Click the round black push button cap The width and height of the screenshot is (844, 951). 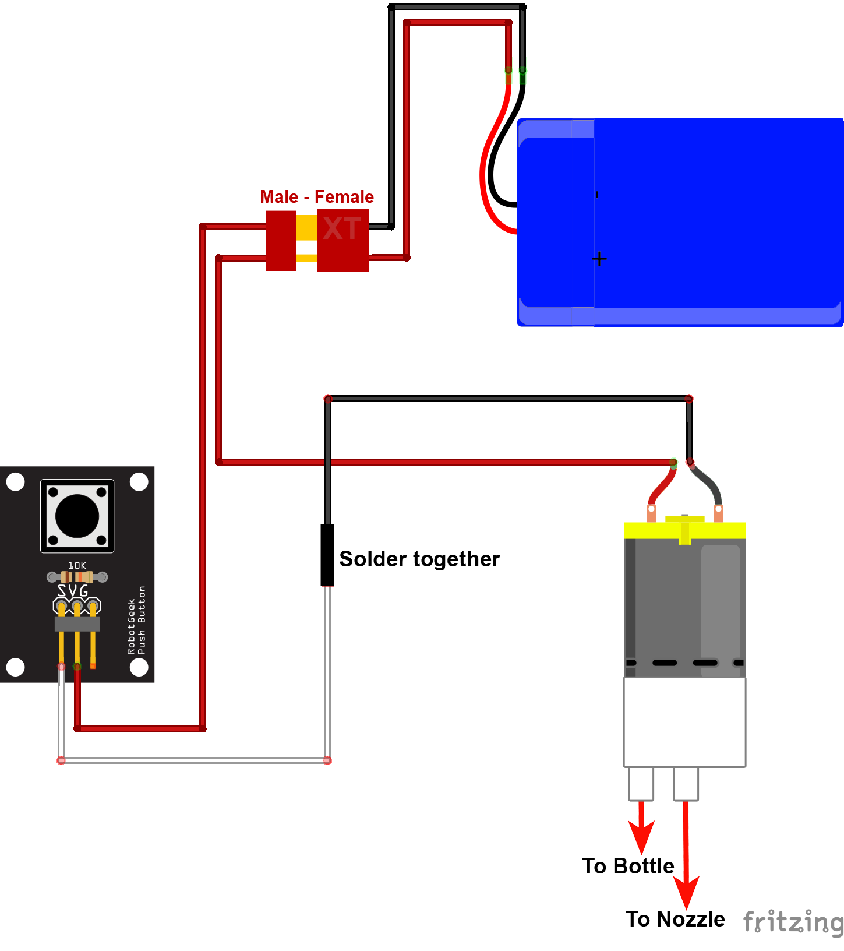[77, 515]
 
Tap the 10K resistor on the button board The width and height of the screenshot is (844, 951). [77, 577]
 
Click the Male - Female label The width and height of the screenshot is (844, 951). [316, 197]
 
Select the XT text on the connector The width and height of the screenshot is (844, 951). [342, 228]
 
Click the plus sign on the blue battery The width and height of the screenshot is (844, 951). [599, 259]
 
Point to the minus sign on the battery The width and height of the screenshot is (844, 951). [597, 195]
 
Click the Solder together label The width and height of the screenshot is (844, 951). [419, 559]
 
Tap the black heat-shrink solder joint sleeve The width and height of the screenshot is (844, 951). [327, 555]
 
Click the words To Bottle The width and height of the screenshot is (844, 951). [628, 866]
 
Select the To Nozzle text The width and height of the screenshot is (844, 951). [675, 919]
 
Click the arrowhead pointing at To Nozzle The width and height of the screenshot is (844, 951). [686, 892]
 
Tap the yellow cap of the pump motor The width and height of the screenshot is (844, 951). [684, 530]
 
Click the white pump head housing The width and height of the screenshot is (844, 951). [684, 721]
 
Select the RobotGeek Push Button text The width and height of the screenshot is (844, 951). [136, 620]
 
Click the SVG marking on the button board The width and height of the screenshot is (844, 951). [73, 591]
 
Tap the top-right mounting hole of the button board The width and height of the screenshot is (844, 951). [139, 482]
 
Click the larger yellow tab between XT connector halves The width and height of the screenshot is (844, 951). [306, 228]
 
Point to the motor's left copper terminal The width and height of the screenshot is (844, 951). [651, 513]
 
